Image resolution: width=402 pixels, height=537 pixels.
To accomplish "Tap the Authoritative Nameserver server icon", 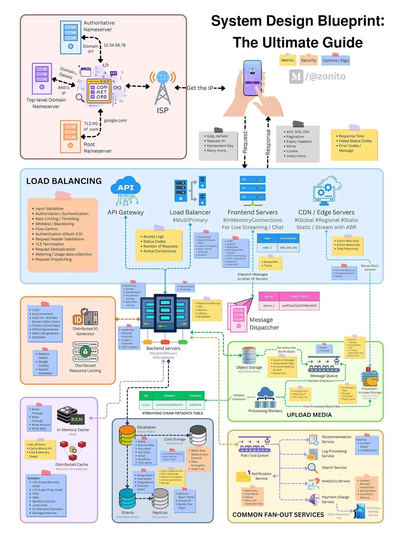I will click(71, 37).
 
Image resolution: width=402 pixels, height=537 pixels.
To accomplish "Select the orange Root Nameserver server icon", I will click(70, 136).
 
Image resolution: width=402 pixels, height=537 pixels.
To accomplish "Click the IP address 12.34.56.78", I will click(115, 45).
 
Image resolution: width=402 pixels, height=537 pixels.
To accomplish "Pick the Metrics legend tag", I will click(287, 60).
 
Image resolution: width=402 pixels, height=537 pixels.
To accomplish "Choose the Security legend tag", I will click(308, 60).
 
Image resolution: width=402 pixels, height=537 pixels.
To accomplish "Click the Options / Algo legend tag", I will click(335, 60).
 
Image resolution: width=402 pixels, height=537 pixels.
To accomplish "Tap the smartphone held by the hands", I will click(253, 78).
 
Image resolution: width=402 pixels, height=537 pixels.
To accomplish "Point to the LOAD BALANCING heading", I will click(64, 181).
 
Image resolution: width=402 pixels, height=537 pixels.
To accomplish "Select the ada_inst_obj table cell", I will click(288, 247).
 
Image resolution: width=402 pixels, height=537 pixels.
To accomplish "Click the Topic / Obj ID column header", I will click(299, 297).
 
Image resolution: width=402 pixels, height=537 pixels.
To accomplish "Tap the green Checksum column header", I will click(169, 396).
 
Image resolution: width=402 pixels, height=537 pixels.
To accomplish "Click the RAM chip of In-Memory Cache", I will click(77, 420).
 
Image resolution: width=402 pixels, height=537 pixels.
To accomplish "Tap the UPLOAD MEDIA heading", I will click(309, 415).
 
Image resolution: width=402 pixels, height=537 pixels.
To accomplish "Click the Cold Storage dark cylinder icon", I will click(198, 434).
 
